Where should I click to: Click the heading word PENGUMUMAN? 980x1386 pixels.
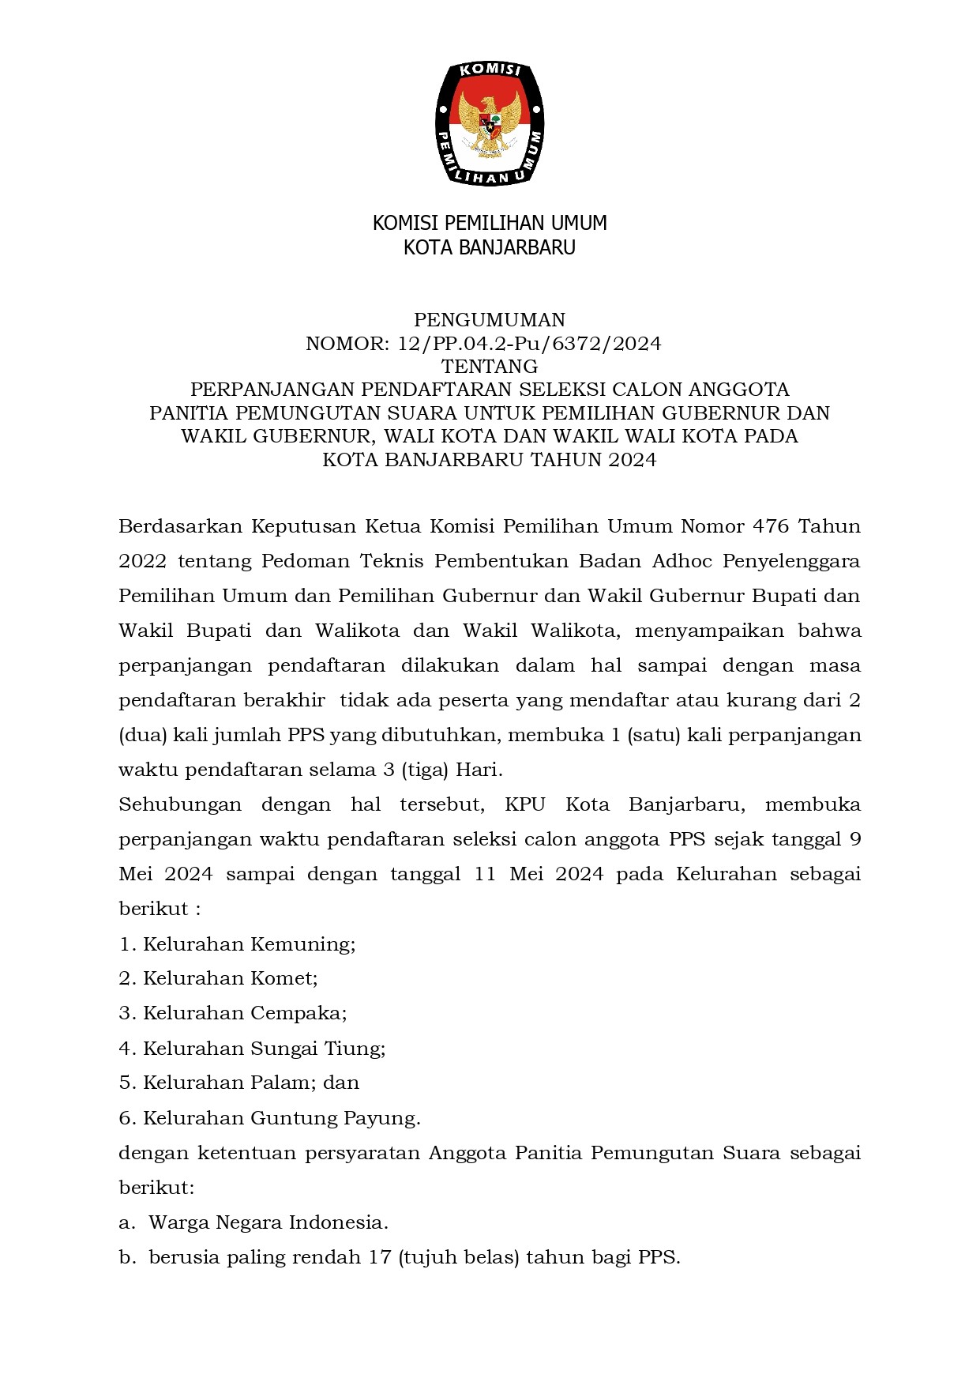(x=490, y=320)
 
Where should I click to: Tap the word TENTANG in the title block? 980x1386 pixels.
(x=490, y=367)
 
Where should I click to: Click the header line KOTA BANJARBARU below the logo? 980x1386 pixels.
(x=490, y=247)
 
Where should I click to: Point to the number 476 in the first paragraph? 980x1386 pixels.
(x=772, y=526)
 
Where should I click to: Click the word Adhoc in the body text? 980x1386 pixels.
(x=682, y=561)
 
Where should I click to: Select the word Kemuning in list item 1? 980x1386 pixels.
(x=302, y=944)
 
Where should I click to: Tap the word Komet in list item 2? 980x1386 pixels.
(x=283, y=978)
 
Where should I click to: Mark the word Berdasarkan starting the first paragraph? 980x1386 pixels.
(x=179, y=526)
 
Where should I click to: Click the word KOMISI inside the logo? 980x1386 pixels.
(x=490, y=72)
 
